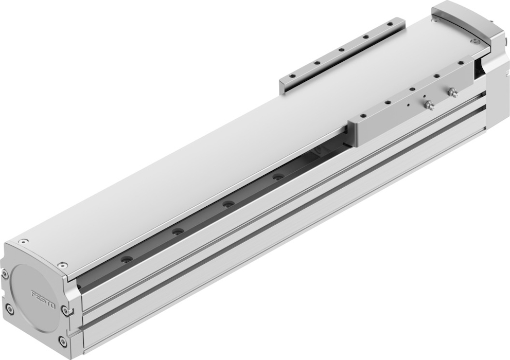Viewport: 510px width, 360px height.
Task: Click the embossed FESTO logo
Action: pyautogui.click(x=43, y=299)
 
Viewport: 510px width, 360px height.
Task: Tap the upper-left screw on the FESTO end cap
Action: pyautogui.click(x=4, y=275)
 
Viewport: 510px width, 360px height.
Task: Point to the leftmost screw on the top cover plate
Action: pyautogui.click(x=22, y=242)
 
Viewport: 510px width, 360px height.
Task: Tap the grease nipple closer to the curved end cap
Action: pyautogui.click(x=451, y=92)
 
